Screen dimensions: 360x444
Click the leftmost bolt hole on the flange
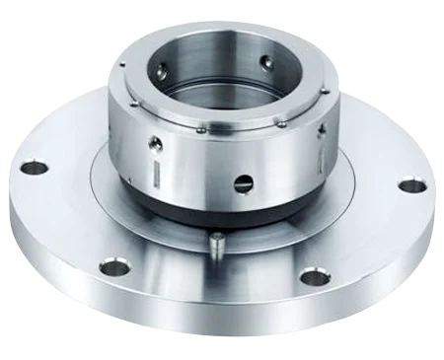[x=35, y=167]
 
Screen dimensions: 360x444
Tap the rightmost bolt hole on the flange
[x=412, y=183]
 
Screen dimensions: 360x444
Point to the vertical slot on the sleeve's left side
[x=156, y=170]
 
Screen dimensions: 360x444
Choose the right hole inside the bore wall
[x=265, y=62]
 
